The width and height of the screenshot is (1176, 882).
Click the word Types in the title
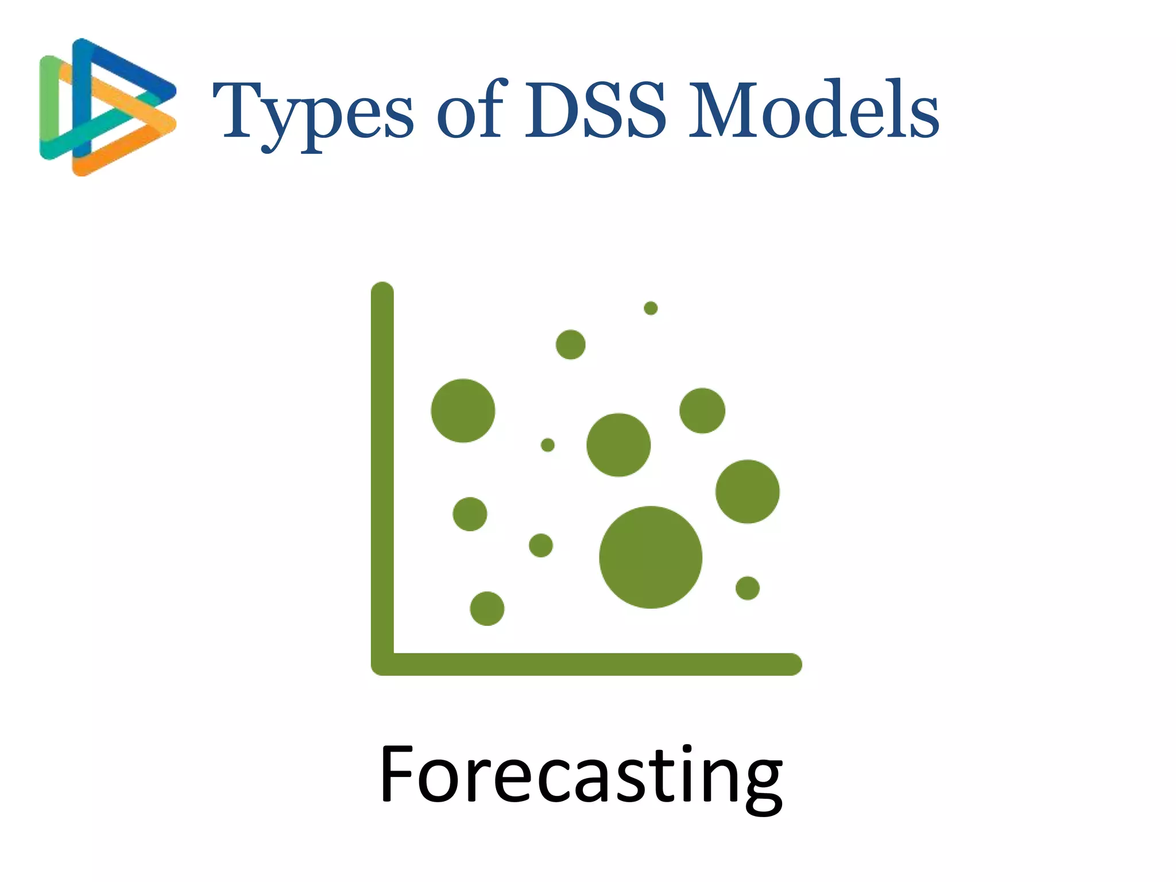tap(313, 112)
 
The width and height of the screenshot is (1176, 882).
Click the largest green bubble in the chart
tap(651, 557)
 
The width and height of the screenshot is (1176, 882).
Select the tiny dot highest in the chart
tap(651, 308)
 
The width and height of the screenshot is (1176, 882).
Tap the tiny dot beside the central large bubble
tap(548, 445)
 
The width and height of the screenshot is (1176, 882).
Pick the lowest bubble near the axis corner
tap(487, 609)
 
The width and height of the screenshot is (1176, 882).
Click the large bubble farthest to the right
tap(748, 492)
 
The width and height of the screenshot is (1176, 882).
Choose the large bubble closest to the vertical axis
tap(463, 411)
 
